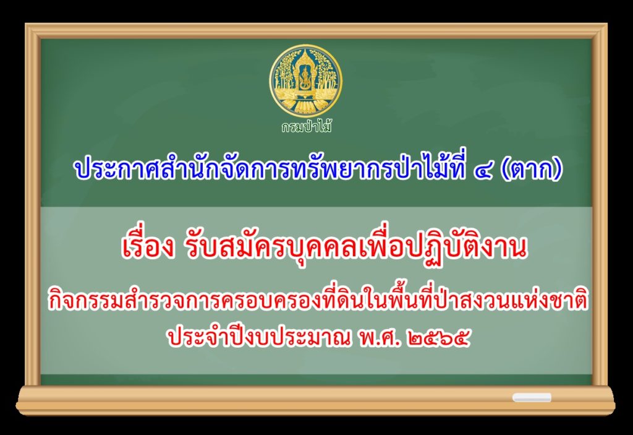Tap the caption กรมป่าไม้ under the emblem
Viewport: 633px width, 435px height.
click(307, 127)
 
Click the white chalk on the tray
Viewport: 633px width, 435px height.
click(532, 397)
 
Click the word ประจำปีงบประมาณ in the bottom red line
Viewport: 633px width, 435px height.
click(259, 339)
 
